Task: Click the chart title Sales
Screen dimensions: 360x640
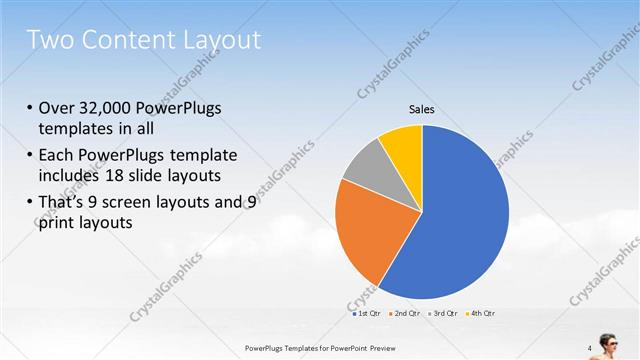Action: point(422,109)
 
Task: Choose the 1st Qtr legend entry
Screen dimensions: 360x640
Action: point(367,313)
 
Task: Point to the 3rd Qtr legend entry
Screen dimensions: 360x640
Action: point(443,313)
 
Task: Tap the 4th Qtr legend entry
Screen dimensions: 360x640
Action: point(481,313)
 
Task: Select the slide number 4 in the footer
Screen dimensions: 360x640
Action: point(589,348)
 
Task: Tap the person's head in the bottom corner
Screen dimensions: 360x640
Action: point(609,339)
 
